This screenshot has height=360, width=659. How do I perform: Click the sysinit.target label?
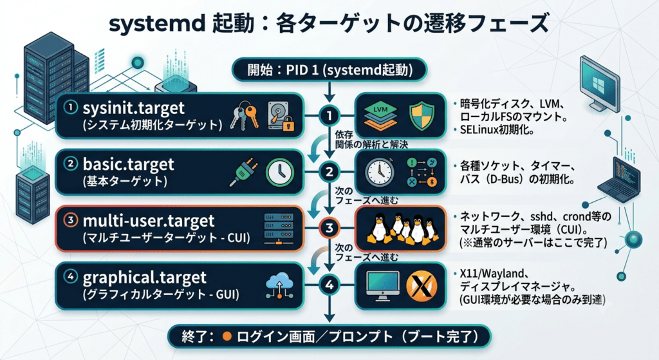[134, 108]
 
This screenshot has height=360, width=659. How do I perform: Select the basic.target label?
[128, 164]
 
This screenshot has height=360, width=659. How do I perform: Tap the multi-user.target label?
[149, 220]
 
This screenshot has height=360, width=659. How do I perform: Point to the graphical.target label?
[145, 278]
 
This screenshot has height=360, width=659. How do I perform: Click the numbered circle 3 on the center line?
[329, 228]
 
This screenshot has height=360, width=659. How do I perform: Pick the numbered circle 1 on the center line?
[329, 115]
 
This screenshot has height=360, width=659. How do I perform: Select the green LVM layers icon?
[380, 116]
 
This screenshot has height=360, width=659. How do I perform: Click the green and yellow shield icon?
[422, 116]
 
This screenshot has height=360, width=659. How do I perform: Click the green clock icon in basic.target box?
[280, 172]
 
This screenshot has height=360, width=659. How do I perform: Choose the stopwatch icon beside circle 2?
[380, 172]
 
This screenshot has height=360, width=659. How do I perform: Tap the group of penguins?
[400, 229]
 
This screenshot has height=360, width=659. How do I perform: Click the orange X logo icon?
[422, 285]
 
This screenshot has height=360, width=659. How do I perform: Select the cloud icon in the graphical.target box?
[279, 284]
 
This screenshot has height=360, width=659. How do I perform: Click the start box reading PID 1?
[329, 70]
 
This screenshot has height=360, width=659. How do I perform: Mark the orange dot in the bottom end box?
[227, 336]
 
